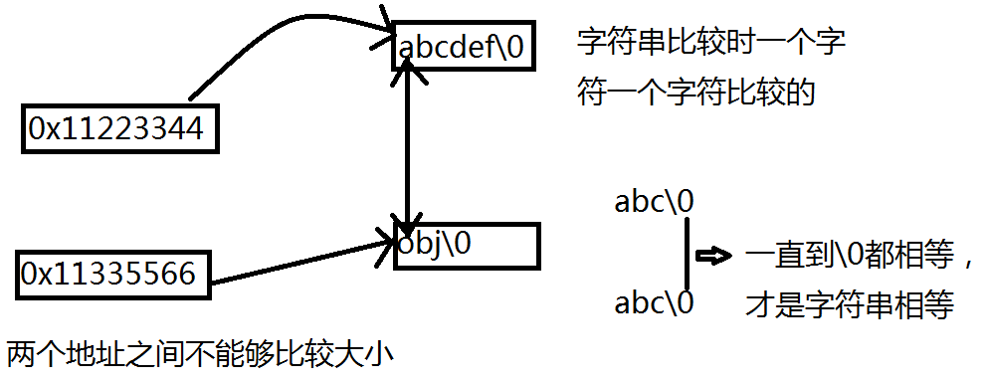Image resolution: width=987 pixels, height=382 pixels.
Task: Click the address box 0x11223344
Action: [117, 128]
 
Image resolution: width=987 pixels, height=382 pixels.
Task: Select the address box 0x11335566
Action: [111, 273]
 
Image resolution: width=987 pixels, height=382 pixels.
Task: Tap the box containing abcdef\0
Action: [467, 47]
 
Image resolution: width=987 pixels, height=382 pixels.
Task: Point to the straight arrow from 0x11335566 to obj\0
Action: [298, 259]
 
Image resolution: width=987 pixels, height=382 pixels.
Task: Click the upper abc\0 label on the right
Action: [654, 202]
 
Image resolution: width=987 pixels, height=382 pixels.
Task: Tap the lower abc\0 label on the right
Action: [654, 300]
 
